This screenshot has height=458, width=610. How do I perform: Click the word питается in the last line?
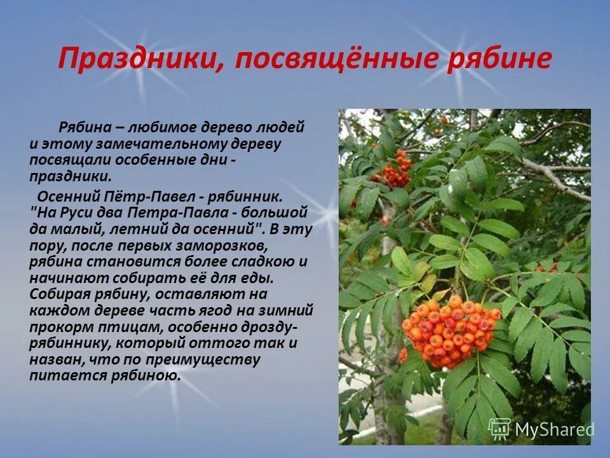[x=59, y=376]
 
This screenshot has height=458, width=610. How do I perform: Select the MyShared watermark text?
[x=554, y=430]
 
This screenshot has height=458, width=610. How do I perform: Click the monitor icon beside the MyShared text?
[x=499, y=428]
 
